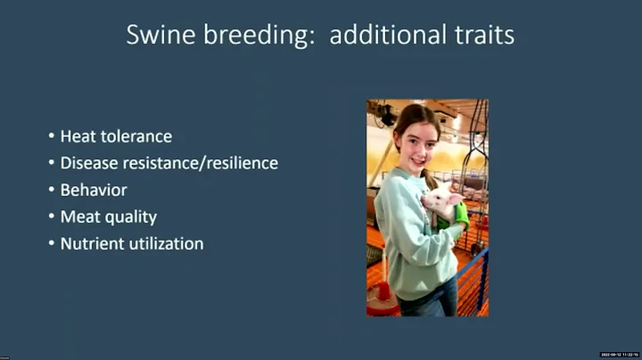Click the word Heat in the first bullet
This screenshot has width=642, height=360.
(x=77, y=136)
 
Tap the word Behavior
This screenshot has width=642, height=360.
(x=94, y=190)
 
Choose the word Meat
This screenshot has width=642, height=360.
(x=78, y=217)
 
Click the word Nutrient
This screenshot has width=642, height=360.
(x=91, y=243)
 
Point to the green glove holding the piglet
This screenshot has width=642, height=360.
(x=460, y=215)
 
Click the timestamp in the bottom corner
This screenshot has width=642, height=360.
(x=620, y=355)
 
